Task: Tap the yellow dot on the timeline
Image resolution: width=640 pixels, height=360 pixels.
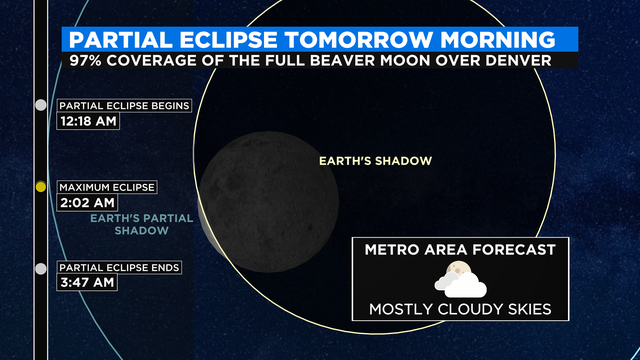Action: pos(40,186)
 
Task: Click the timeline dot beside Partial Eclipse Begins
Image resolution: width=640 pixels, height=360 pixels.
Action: pos(40,104)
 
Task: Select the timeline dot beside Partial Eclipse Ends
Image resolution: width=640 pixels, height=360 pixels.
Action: pos(40,268)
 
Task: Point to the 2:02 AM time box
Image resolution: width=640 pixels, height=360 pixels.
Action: pos(86,202)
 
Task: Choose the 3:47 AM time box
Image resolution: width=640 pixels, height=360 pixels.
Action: pos(86,283)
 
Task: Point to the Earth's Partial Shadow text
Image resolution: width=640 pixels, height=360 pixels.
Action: pos(129,223)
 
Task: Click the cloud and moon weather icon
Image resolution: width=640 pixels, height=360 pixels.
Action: pos(461,277)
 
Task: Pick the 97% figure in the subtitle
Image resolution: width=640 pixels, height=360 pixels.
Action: pos(88,60)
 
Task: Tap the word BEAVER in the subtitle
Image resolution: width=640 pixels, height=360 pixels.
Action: pos(346,60)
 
